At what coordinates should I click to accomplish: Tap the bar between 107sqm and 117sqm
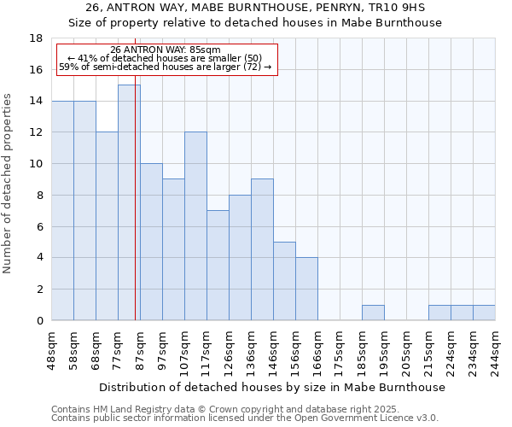pos(195,226)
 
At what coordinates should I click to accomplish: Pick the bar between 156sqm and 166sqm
pos(306,289)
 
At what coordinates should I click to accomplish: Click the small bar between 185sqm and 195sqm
pos(373,313)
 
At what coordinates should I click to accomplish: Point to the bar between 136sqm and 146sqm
pos(262,249)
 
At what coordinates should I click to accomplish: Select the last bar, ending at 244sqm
pos(484,313)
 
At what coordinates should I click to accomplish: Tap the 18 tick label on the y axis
pos(36,38)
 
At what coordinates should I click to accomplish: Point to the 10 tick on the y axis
pos(36,164)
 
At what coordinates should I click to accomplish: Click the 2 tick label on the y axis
pos(39,290)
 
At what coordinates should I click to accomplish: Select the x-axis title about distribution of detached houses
pos(273,387)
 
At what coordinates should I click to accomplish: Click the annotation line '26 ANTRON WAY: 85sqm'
pos(166,50)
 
